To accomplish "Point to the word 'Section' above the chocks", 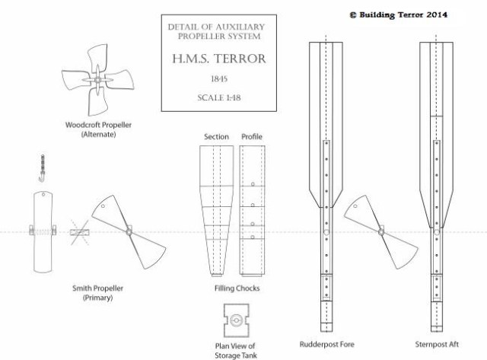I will pyautogui.click(x=216, y=137).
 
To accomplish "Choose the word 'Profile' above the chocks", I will pyautogui.click(x=252, y=137).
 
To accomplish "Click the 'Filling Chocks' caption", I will pyautogui.click(x=234, y=290).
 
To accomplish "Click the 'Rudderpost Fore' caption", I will pyautogui.click(x=326, y=343).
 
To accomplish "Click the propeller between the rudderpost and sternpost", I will pyautogui.click(x=381, y=231).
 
